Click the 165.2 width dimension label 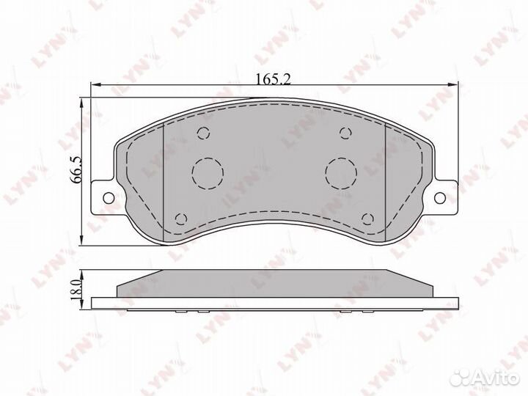tap(273, 79)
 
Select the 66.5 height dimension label tap(76, 169)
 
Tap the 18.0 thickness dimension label tap(77, 289)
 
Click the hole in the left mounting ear tap(108, 198)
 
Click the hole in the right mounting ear tap(440, 198)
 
